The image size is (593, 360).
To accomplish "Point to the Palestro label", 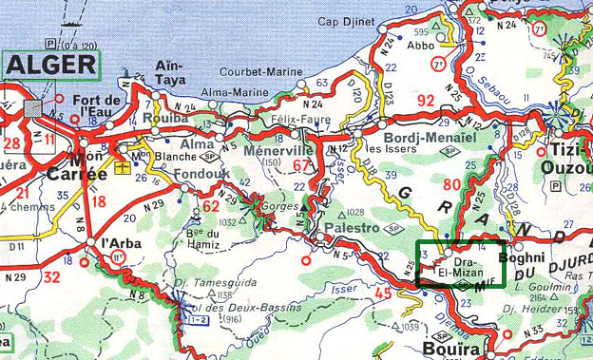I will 354,228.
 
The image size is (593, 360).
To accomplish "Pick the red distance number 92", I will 425,99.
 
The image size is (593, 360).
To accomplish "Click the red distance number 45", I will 385,294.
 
